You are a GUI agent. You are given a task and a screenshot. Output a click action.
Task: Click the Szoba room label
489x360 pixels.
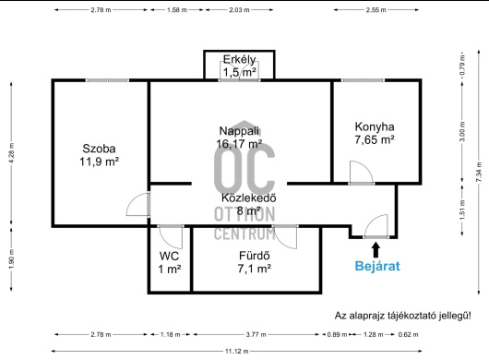(x=99, y=155)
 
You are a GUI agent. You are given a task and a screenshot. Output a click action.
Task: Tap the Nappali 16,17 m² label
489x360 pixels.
(x=239, y=138)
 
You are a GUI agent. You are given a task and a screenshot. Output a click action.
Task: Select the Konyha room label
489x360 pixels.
(x=375, y=133)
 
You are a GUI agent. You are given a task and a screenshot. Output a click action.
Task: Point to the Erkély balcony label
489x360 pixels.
(x=240, y=66)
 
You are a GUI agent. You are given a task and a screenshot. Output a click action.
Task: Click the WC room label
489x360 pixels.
(x=170, y=262)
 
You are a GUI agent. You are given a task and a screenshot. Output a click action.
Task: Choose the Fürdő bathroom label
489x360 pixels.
(x=254, y=262)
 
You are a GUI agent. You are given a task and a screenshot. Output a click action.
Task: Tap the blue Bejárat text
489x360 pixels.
(x=377, y=266)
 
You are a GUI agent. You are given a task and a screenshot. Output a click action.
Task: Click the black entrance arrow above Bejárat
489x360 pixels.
(x=376, y=249)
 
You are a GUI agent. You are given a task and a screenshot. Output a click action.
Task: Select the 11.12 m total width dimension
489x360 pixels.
(x=237, y=352)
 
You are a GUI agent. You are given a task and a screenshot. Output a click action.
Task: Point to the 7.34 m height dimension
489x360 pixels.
(x=480, y=173)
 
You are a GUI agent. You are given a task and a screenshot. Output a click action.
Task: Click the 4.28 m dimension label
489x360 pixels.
(x=12, y=153)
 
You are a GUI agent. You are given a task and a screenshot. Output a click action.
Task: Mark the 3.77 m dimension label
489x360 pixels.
(x=256, y=334)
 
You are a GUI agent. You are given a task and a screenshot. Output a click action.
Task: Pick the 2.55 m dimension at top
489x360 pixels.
(x=376, y=9)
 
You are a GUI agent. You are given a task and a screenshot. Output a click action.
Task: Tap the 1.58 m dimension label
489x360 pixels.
(x=177, y=9)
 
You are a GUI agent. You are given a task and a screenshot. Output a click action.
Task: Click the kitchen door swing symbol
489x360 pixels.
(x=361, y=173)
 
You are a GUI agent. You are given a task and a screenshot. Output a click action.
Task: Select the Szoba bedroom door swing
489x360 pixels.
(x=138, y=204)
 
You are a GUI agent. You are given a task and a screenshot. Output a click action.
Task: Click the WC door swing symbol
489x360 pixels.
(x=171, y=237)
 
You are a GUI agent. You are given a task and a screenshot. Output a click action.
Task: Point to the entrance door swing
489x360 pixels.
(x=376, y=226)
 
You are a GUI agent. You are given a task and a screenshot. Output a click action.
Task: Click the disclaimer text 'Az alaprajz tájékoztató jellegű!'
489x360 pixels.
(x=403, y=316)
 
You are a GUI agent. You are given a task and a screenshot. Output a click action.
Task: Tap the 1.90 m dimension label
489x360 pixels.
(x=12, y=259)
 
